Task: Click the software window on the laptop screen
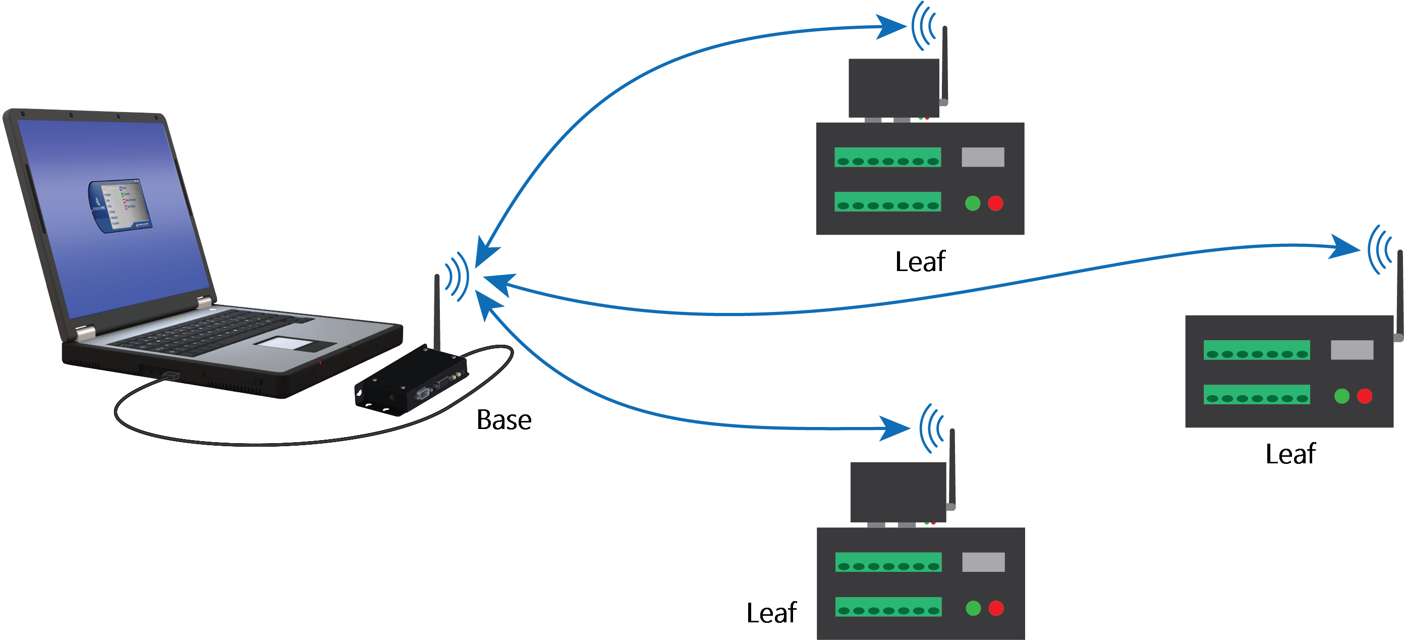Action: [120, 205]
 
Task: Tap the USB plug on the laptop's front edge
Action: [171, 375]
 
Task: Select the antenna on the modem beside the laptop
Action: [436, 311]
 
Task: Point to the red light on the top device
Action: [995, 203]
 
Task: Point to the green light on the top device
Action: [972, 203]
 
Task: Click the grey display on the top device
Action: [983, 157]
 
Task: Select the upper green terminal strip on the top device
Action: [887, 157]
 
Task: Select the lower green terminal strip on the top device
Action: [887, 201]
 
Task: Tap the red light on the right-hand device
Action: [1364, 396]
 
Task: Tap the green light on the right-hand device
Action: [1341, 396]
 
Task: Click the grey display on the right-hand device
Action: [1352, 350]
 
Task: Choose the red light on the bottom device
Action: [996, 608]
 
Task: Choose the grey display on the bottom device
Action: [983, 562]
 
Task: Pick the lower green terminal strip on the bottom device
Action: [888, 607]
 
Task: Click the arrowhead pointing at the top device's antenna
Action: [891, 27]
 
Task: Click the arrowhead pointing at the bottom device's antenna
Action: [894, 429]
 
